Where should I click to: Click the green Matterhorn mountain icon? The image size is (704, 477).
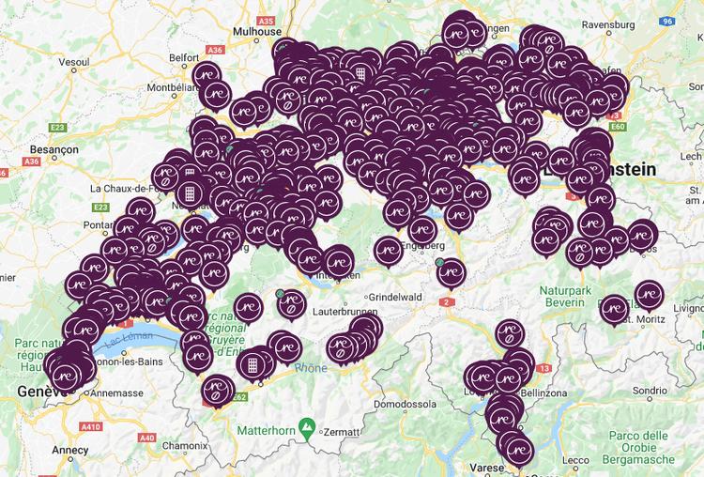pyautogui.click(x=306, y=428)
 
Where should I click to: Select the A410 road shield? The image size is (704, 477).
pyautogui.click(x=91, y=425)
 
